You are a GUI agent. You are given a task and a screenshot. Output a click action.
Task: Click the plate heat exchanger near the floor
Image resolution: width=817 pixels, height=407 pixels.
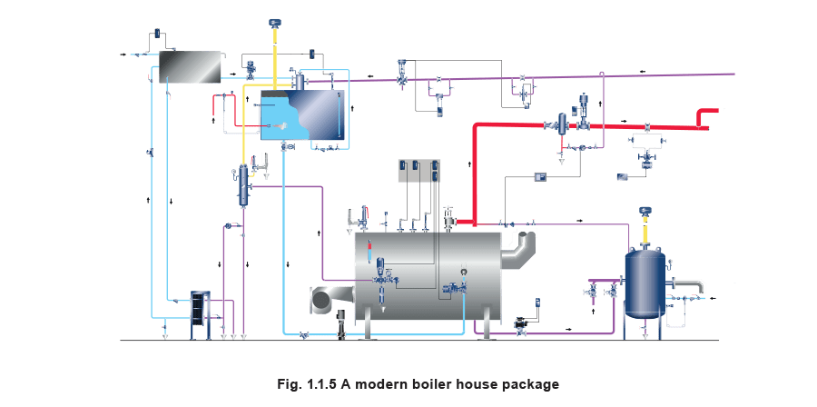[197, 314]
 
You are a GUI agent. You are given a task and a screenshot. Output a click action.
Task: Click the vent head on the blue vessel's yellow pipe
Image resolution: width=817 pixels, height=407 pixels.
[645, 212]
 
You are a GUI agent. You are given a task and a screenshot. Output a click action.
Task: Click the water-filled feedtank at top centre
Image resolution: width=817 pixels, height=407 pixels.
[302, 115]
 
